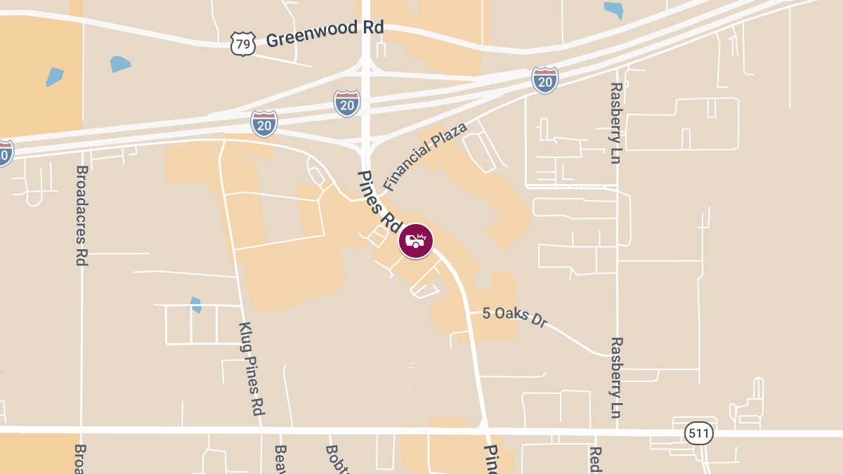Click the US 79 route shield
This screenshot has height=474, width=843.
tap(242, 44)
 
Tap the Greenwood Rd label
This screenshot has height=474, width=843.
tap(325, 34)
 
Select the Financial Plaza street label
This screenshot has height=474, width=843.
tap(425, 157)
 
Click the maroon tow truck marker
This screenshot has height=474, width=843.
tap(416, 241)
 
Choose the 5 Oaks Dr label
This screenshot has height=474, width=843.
tap(514, 316)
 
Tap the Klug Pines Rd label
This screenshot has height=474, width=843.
tap(251, 368)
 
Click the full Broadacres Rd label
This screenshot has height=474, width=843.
tap(81, 215)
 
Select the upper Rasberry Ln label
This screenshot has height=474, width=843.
tap(615, 123)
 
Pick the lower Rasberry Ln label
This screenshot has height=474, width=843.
tap(616, 377)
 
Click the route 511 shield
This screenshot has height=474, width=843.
tap(698, 433)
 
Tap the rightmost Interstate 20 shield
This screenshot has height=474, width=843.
tap(545, 80)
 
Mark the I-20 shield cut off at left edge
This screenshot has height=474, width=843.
tap(4, 152)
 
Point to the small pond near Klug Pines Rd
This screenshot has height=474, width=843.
tap(196, 305)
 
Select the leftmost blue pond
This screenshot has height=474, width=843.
tap(54, 77)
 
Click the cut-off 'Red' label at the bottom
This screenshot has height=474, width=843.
tap(594, 459)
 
